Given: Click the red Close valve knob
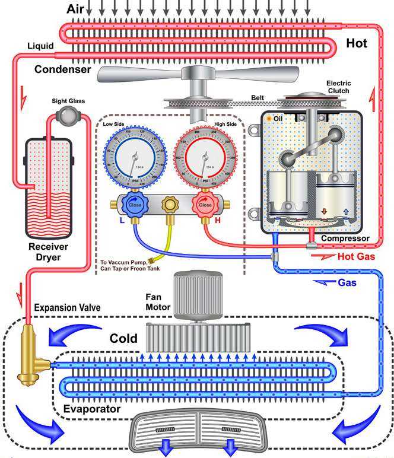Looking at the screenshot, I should pos(205,204).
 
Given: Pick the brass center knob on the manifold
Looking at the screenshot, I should pos(169,204).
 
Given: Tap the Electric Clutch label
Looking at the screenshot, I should pos(338,87).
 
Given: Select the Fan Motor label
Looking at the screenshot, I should pos(158,302).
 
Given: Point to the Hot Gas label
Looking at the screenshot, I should pos(355,257).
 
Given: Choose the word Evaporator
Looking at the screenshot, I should pos(93,409).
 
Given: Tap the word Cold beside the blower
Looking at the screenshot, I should pos(123,339).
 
